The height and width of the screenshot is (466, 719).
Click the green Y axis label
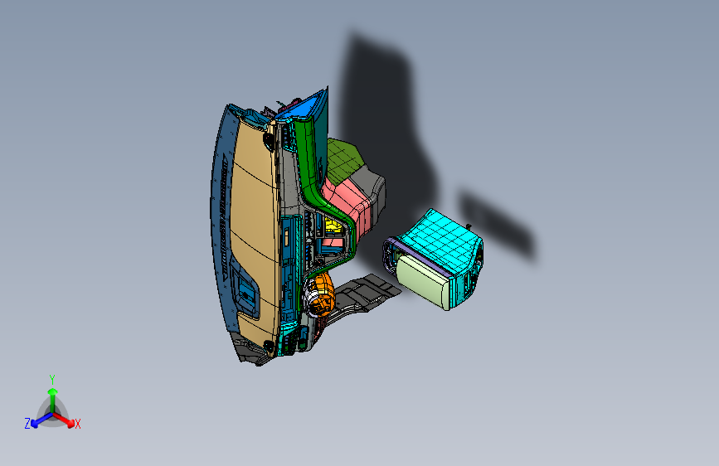(x=51, y=378)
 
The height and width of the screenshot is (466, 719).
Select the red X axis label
(x=78, y=425)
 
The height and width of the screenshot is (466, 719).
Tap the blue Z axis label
(x=27, y=424)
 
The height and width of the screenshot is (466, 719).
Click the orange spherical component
(x=321, y=290)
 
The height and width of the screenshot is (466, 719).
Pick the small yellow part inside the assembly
(x=333, y=226)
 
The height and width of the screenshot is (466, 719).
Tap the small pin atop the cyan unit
(x=469, y=225)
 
